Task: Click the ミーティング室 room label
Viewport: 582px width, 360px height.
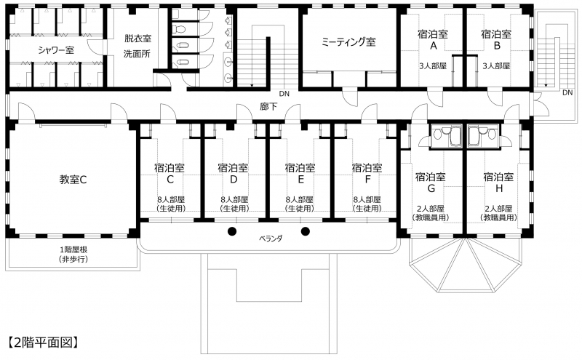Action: coord(348,41)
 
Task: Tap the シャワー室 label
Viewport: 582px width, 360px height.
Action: coord(56,49)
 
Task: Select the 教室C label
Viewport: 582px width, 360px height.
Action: coord(73,180)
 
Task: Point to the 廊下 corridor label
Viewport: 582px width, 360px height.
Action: coord(268,106)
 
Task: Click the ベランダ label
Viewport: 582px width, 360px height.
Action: coord(271,239)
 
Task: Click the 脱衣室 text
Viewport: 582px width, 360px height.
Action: coord(137,39)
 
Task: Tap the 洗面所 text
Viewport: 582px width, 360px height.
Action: coord(137,54)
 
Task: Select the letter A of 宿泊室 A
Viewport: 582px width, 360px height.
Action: coord(433,46)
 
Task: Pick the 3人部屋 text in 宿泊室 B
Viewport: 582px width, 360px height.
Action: coord(496,66)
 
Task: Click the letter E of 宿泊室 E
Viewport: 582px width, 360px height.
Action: coord(300,179)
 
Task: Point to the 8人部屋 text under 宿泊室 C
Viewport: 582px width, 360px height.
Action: coord(171,200)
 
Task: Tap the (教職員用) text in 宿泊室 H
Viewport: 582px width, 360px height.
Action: coord(498,217)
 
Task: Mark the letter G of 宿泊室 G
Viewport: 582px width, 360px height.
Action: coord(431,188)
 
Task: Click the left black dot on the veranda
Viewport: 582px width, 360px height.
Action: coord(232,231)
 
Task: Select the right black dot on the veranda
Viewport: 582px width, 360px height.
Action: coord(305,231)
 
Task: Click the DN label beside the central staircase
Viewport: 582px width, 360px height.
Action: coord(284,94)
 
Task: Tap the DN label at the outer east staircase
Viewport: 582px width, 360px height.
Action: coord(567,92)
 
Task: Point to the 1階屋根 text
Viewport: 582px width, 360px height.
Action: coord(73,249)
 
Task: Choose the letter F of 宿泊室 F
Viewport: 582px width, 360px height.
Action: coord(367,179)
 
